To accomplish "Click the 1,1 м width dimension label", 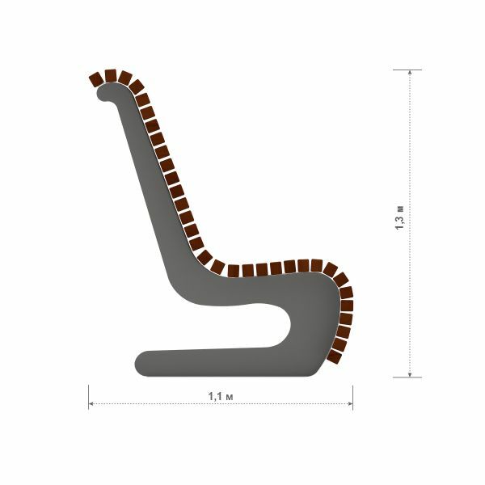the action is [x=220, y=396].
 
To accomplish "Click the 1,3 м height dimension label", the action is [x=399, y=217].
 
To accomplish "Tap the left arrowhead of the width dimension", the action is [x=91, y=403].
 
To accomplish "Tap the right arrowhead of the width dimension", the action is [x=351, y=403].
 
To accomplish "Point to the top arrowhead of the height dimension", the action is [x=410, y=73].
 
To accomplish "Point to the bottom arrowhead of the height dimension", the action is [x=410, y=374].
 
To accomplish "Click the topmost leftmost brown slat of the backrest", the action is [x=96, y=80].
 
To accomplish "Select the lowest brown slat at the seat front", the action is [x=335, y=356].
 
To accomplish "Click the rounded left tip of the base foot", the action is [x=138, y=364].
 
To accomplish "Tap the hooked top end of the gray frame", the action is [x=103, y=93].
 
